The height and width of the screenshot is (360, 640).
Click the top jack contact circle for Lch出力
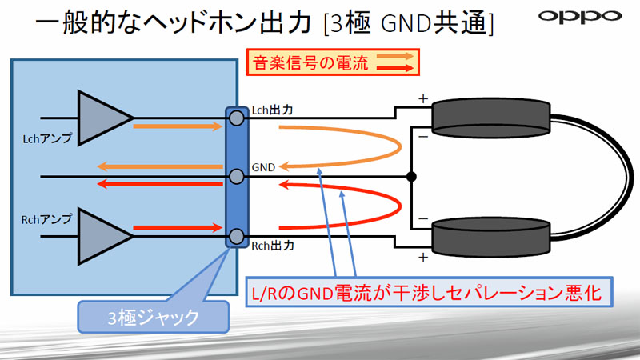236,118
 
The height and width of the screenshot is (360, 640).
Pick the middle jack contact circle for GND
236,176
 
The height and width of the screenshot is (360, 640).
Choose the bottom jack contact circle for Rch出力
236,235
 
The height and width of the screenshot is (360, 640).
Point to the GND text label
263,168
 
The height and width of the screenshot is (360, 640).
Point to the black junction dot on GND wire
411,176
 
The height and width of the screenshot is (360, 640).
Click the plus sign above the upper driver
423,100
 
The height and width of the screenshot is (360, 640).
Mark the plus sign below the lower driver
423,258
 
